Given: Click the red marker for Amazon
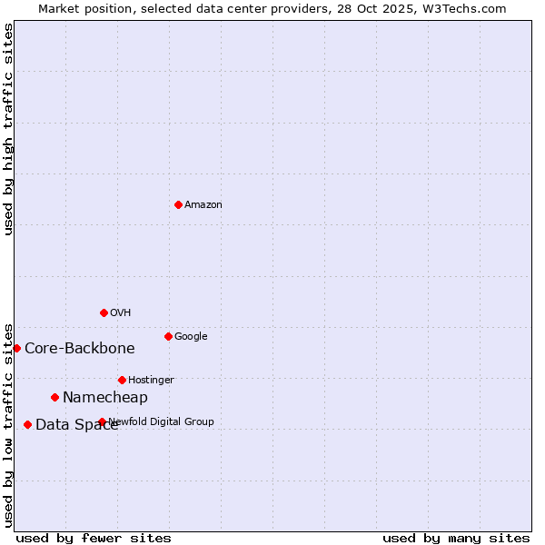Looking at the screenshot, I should coord(178,204).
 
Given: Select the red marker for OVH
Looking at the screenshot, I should coord(104,312).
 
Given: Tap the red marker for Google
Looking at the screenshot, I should coord(168,336).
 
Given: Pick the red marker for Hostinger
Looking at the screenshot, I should coord(122,380).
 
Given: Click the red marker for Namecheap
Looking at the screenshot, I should coord(54,397).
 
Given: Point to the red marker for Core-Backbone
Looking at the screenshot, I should coord(16,348).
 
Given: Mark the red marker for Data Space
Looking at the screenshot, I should coord(27,424).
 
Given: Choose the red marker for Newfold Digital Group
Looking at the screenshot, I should coord(102,421).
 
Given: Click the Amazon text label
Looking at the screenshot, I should coord(203,205).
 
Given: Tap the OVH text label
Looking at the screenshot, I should coord(121,313).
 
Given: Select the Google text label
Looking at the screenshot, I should coord(191,337).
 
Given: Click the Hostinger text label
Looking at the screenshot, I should coord(151,381).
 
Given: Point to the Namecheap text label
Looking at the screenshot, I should coord(105,398).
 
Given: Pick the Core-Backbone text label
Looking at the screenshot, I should coord(80,349).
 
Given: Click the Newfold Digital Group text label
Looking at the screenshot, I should coord(162,421).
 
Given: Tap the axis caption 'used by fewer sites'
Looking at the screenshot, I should coord(94,538).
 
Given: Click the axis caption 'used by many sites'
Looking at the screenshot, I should coord(456,538).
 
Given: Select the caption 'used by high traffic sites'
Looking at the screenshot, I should coord(8,129).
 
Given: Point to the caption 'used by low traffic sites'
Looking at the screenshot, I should coord(8,425).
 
